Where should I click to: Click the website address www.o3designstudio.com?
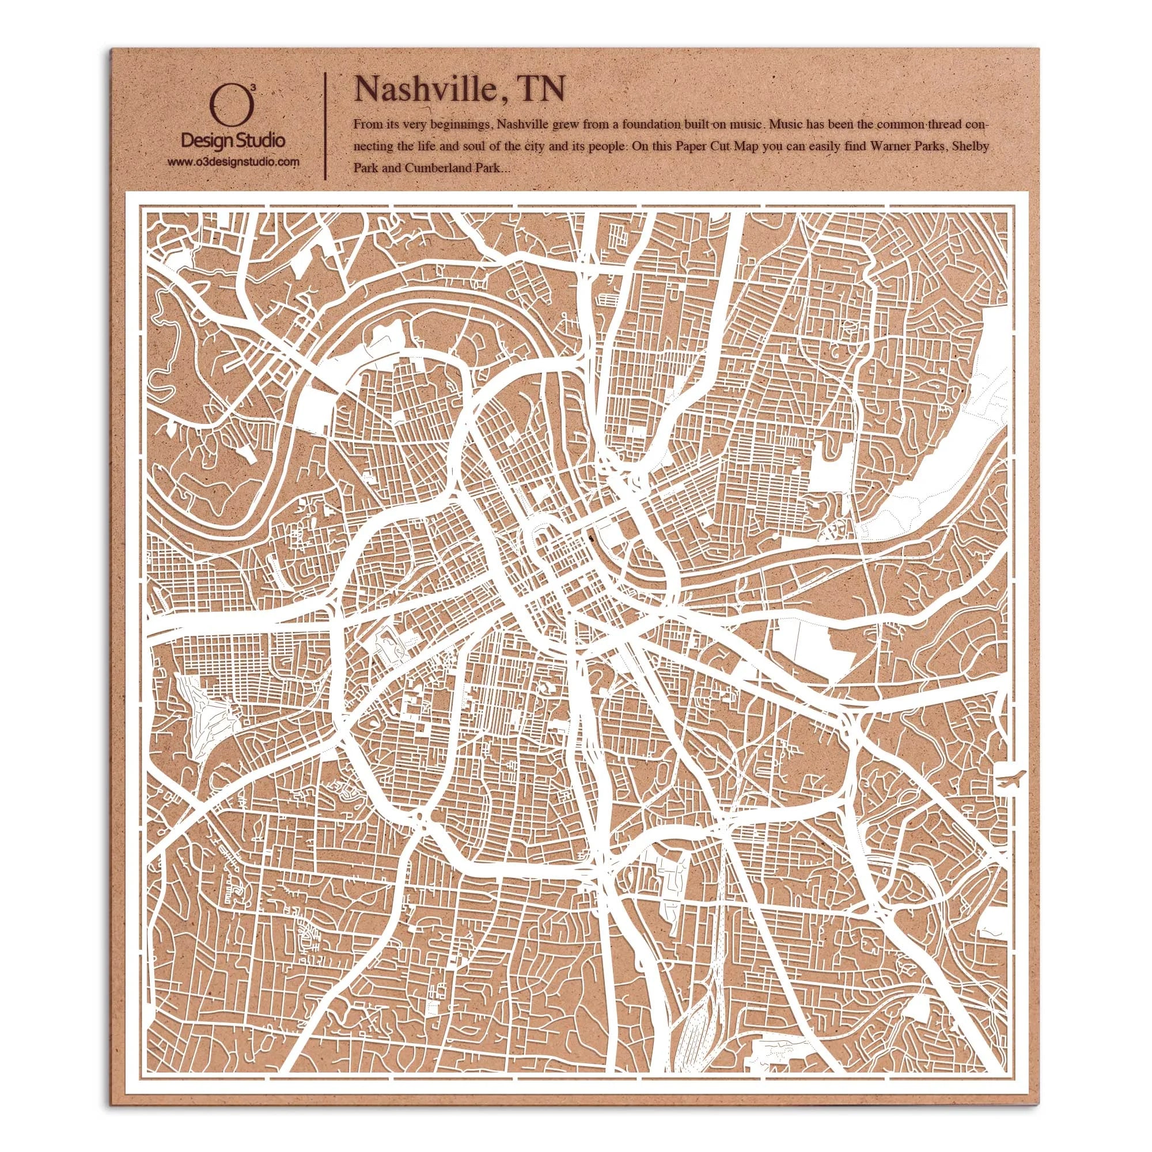point(233,162)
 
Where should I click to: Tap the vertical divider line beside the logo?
point(324,125)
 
